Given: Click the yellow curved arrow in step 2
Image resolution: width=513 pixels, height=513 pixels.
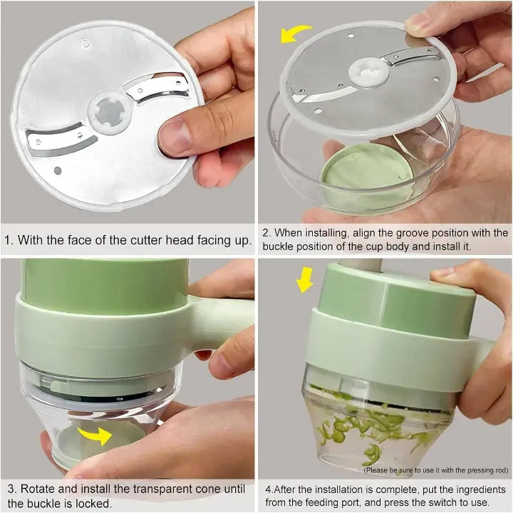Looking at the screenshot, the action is [x=294, y=32].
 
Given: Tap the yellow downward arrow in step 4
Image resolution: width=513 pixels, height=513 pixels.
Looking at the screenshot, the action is [x=304, y=279].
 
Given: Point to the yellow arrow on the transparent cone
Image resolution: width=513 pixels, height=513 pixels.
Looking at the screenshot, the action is [x=96, y=435].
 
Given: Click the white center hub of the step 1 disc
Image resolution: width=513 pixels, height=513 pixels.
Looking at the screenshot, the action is [x=110, y=113].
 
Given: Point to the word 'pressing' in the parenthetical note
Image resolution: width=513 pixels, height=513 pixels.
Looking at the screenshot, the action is [x=477, y=470].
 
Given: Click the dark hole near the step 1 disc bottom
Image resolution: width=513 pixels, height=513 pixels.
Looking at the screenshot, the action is [x=58, y=170].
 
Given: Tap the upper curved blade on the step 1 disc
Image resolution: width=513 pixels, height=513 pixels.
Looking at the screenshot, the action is [x=157, y=88].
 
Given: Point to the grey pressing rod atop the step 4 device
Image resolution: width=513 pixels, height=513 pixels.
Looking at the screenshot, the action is [x=361, y=265].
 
